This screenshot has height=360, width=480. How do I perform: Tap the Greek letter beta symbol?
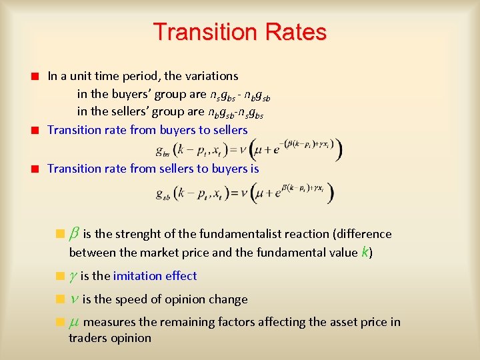75,233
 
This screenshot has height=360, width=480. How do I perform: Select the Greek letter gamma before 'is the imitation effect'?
73,276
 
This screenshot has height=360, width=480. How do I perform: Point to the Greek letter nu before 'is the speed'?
74,299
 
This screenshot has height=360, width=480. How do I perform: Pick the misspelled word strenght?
139,234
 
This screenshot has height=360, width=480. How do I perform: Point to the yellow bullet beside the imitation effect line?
60,276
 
